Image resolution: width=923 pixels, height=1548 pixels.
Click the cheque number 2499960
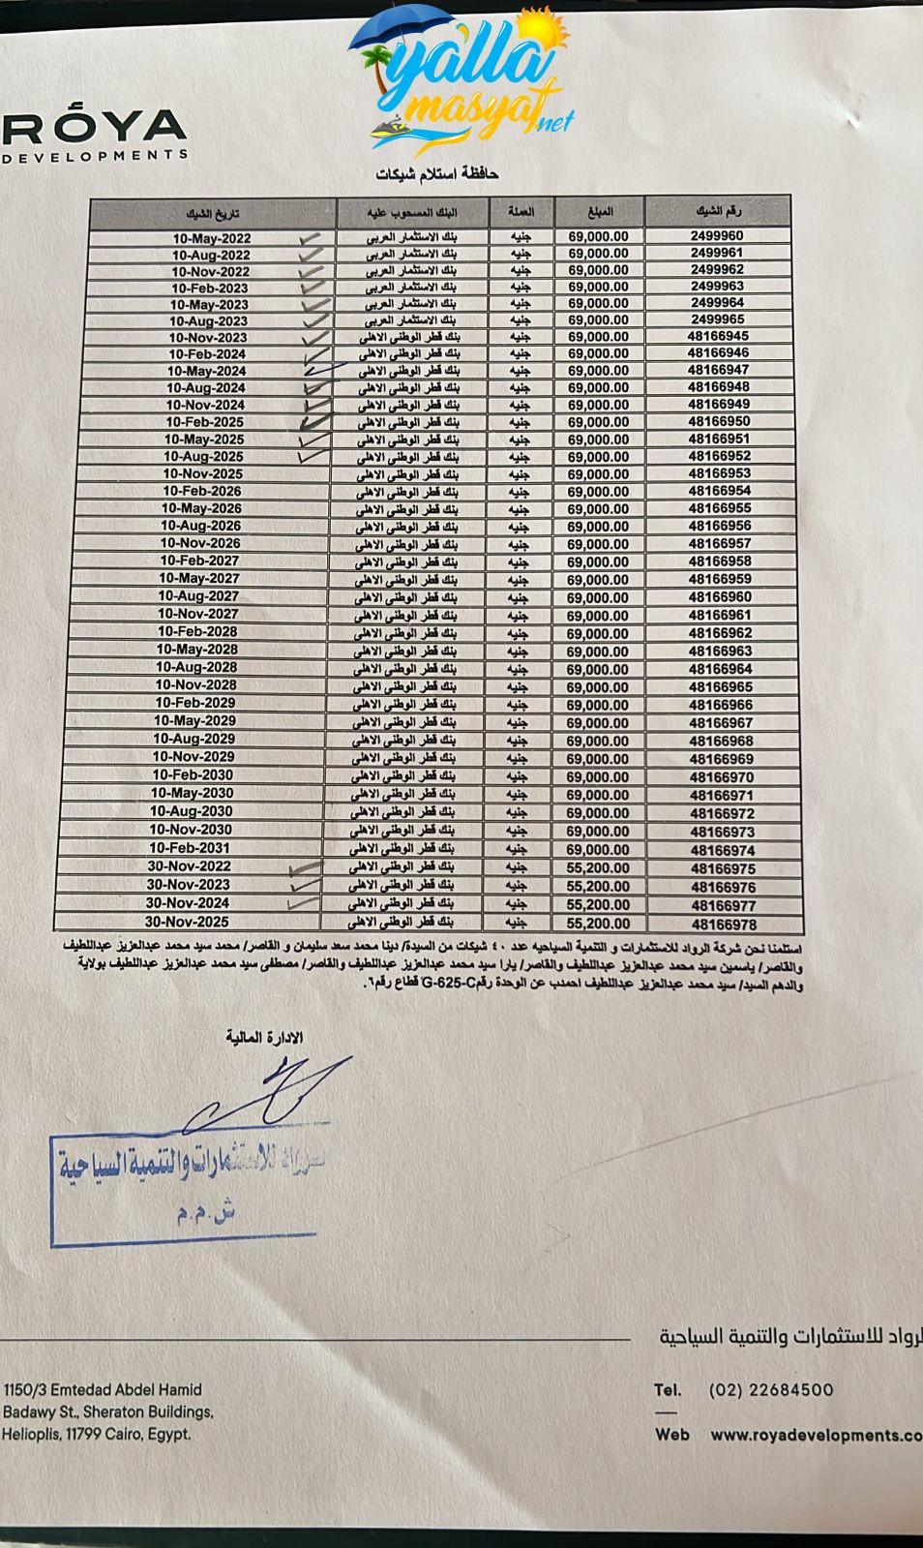pos(717,235)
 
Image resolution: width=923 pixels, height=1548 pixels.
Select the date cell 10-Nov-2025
pos(203,474)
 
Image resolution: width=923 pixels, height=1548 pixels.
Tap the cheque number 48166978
pos(724,925)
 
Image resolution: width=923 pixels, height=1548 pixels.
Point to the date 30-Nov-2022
pos(190,866)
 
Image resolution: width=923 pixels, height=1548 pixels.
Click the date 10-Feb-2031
pos(191,848)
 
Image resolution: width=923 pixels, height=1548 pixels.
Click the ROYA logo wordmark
pos(94,125)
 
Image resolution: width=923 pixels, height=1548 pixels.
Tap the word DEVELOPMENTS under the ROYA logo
pos(94,155)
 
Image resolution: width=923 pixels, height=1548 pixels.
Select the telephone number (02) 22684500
pos(770,1390)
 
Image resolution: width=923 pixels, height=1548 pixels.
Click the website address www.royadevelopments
pos(816,1436)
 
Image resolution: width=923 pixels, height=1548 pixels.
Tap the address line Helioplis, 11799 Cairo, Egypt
pos(97,1435)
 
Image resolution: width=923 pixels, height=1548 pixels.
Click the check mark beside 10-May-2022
pos(311,238)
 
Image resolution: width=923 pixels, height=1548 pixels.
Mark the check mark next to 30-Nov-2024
pos(303,902)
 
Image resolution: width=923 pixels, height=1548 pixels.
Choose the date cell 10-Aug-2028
pos(196,667)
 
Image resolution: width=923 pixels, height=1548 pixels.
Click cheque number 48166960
pos(720,597)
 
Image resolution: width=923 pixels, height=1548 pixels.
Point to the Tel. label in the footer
pos(668,1390)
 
